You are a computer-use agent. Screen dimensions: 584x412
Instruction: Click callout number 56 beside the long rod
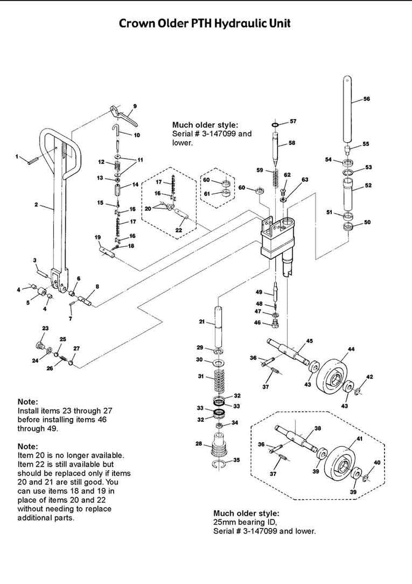(367, 99)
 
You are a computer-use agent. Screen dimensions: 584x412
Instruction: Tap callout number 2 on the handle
(36, 205)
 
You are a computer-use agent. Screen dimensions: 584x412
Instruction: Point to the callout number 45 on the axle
(309, 341)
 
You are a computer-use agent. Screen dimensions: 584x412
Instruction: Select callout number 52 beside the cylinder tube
(368, 186)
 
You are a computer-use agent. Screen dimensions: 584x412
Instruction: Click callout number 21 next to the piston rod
(202, 321)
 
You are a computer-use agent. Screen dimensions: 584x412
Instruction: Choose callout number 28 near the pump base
(198, 443)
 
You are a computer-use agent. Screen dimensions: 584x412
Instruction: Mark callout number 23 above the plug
(46, 329)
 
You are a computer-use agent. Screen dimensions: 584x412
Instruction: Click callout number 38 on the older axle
(317, 428)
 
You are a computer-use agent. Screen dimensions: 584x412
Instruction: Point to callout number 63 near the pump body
(305, 180)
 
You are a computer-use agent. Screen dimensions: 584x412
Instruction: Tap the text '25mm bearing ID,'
(239, 521)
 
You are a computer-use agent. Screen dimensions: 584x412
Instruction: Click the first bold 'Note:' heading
(28, 402)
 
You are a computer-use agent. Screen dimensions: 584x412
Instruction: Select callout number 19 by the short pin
(97, 237)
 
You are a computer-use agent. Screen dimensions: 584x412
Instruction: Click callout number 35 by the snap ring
(237, 459)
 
